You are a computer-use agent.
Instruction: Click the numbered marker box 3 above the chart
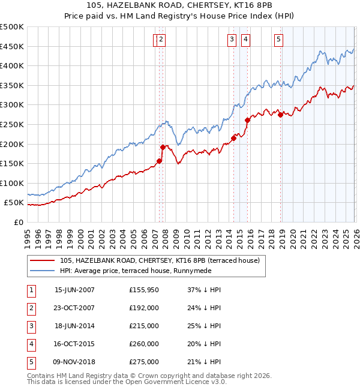pos(232,40)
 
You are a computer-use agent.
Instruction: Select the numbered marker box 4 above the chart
pos(246,40)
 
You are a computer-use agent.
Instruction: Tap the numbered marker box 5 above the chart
pos(279,40)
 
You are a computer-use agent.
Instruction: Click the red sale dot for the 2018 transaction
pos(280,115)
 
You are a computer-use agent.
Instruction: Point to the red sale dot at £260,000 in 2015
pos(247,121)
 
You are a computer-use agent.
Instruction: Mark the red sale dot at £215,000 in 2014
pos(233,138)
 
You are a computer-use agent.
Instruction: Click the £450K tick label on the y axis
pos(12,46)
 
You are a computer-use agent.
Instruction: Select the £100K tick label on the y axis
pos(12,183)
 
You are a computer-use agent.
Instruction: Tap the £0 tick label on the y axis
pos(18,222)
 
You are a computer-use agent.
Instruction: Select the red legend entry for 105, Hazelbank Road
pos(159,260)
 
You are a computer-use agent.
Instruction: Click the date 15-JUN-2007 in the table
pos(74,290)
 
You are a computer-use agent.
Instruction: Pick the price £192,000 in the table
pos(144,308)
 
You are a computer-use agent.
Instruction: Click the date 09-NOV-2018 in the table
pos(74,362)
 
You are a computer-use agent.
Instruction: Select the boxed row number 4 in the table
pos(31,344)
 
